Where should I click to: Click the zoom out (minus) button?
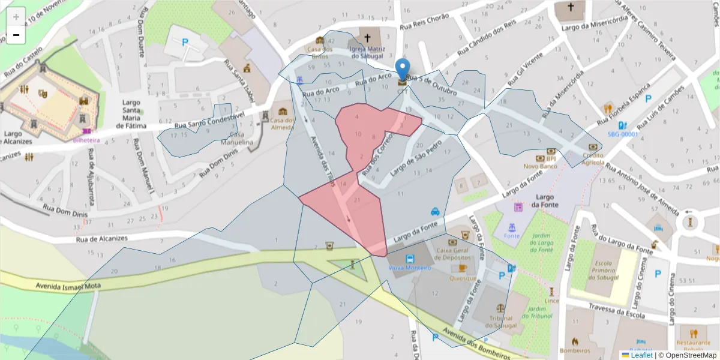pyautogui.click(x=16, y=35)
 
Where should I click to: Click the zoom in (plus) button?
pyautogui.click(x=16, y=16)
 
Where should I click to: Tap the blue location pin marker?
pyautogui.click(x=403, y=70)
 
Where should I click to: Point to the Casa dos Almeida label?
pyautogui.click(x=283, y=124)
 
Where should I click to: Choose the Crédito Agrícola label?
pyautogui.click(x=592, y=158)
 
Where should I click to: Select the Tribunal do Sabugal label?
pyautogui.click(x=500, y=322)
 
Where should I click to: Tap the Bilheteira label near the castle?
pyautogui.click(x=86, y=140)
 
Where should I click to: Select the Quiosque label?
pyautogui.click(x=463, y=278)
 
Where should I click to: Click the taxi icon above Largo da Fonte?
pyautogui.click(x=435, y=211)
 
